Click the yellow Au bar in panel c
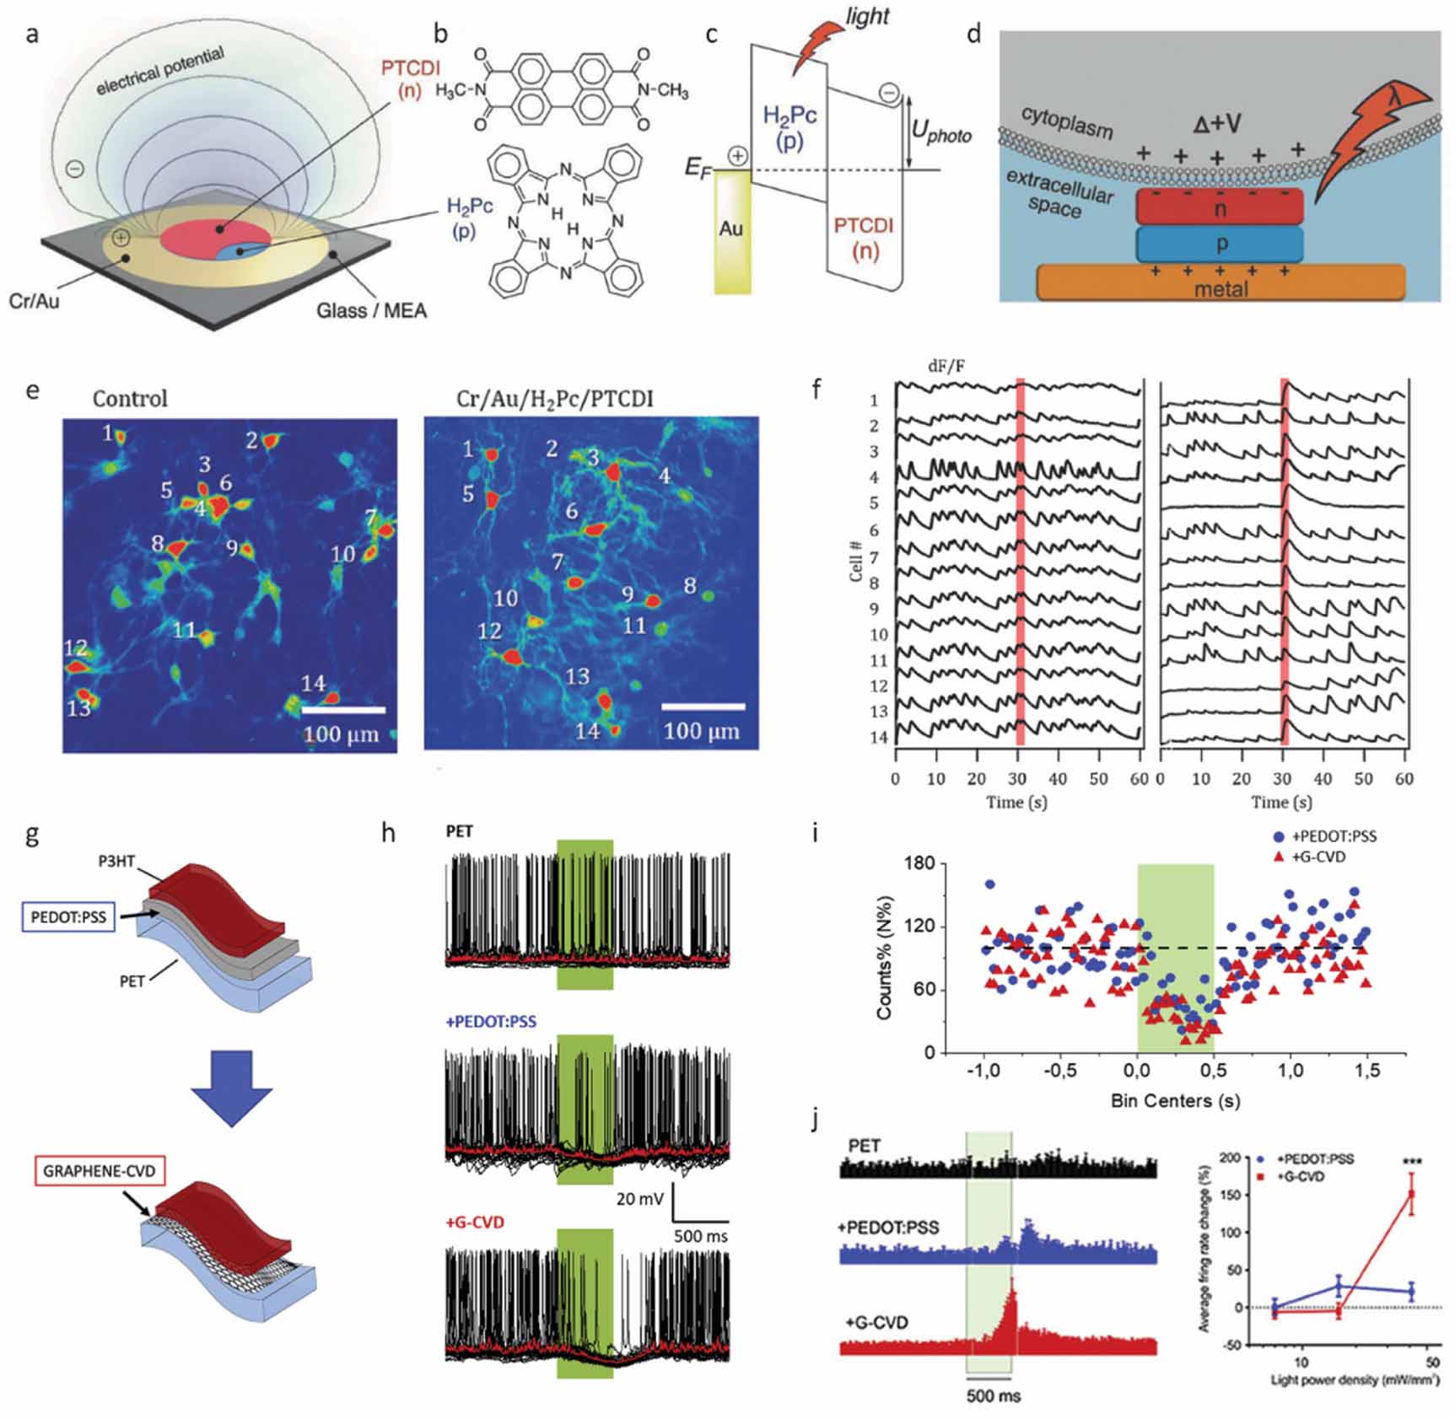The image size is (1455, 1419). [x=731, y=232]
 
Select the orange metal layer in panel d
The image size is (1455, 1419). [x=1220, y=282]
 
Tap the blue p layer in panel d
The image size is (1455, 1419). [x=1220, y=244]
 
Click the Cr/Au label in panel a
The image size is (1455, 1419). [x=34, y=301]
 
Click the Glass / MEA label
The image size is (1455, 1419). [x=371, y=311]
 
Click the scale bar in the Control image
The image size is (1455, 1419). [x=343, y=711]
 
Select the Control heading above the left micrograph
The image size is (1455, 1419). [x=130, y=398]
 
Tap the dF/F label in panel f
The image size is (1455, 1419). [x=946, y=366]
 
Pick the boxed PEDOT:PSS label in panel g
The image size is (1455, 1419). [x=68, y=917]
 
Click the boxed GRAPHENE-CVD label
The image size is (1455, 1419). [x=99, y=1171]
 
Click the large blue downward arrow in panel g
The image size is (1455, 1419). [x=231, y=1088]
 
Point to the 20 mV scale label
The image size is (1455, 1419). [x=639, y=1198]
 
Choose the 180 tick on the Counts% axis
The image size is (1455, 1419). [x=919, y=863]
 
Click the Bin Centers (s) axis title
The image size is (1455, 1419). [x=1175, y=1100]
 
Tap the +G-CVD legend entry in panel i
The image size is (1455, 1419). [x=1318, y=857]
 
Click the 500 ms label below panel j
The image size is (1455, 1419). [x=993, y=1396]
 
